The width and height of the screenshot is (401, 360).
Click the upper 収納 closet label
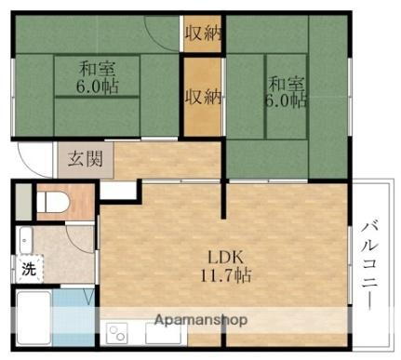click(x=203, y=34)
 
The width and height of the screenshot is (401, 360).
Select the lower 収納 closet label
click(x=203, y=96)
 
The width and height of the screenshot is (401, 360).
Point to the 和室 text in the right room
click(x=286, y=80)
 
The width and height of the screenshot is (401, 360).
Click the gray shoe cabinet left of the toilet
click(x=22, y=202)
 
